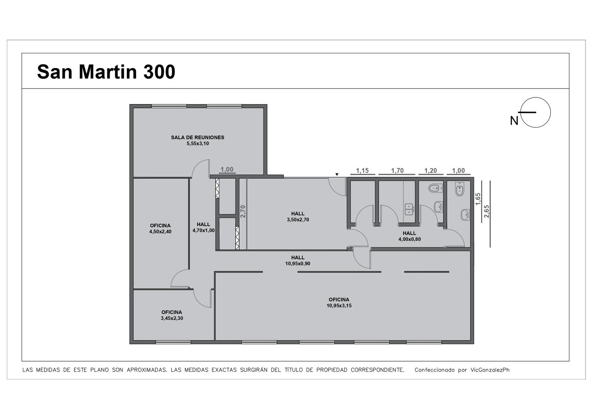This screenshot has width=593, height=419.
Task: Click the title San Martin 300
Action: pos(106,72)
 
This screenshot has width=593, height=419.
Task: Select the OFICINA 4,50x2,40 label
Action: pos(160,229)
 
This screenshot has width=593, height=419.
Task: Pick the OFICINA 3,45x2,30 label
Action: pos(172,315)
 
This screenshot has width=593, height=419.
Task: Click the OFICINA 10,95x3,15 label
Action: pos(339,303)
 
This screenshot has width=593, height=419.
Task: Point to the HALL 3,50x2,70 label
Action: pos(298,216)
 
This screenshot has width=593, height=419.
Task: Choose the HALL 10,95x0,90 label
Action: pos(298,260)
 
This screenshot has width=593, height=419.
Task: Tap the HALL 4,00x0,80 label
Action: pos(410,236)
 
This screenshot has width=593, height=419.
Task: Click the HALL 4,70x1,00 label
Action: pos(203,227)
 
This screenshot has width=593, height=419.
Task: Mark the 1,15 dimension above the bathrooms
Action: pos(362,171)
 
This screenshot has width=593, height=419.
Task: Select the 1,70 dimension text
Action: pos(397,171)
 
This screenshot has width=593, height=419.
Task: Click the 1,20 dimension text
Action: pos(430,171)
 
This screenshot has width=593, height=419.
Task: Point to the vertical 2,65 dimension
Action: pos(487,211)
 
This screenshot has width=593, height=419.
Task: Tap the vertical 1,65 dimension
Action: pos(478,199)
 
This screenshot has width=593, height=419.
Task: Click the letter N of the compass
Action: pos(514,121)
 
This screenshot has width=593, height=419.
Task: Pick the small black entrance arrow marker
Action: pos(337,174)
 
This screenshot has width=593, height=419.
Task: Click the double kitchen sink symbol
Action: pos(409,209)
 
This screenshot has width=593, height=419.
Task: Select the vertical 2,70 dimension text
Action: pos(243,211)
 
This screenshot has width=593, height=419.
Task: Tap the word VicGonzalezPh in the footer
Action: pos(490,370)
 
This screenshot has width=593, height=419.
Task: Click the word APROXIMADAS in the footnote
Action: pos(147,370)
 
